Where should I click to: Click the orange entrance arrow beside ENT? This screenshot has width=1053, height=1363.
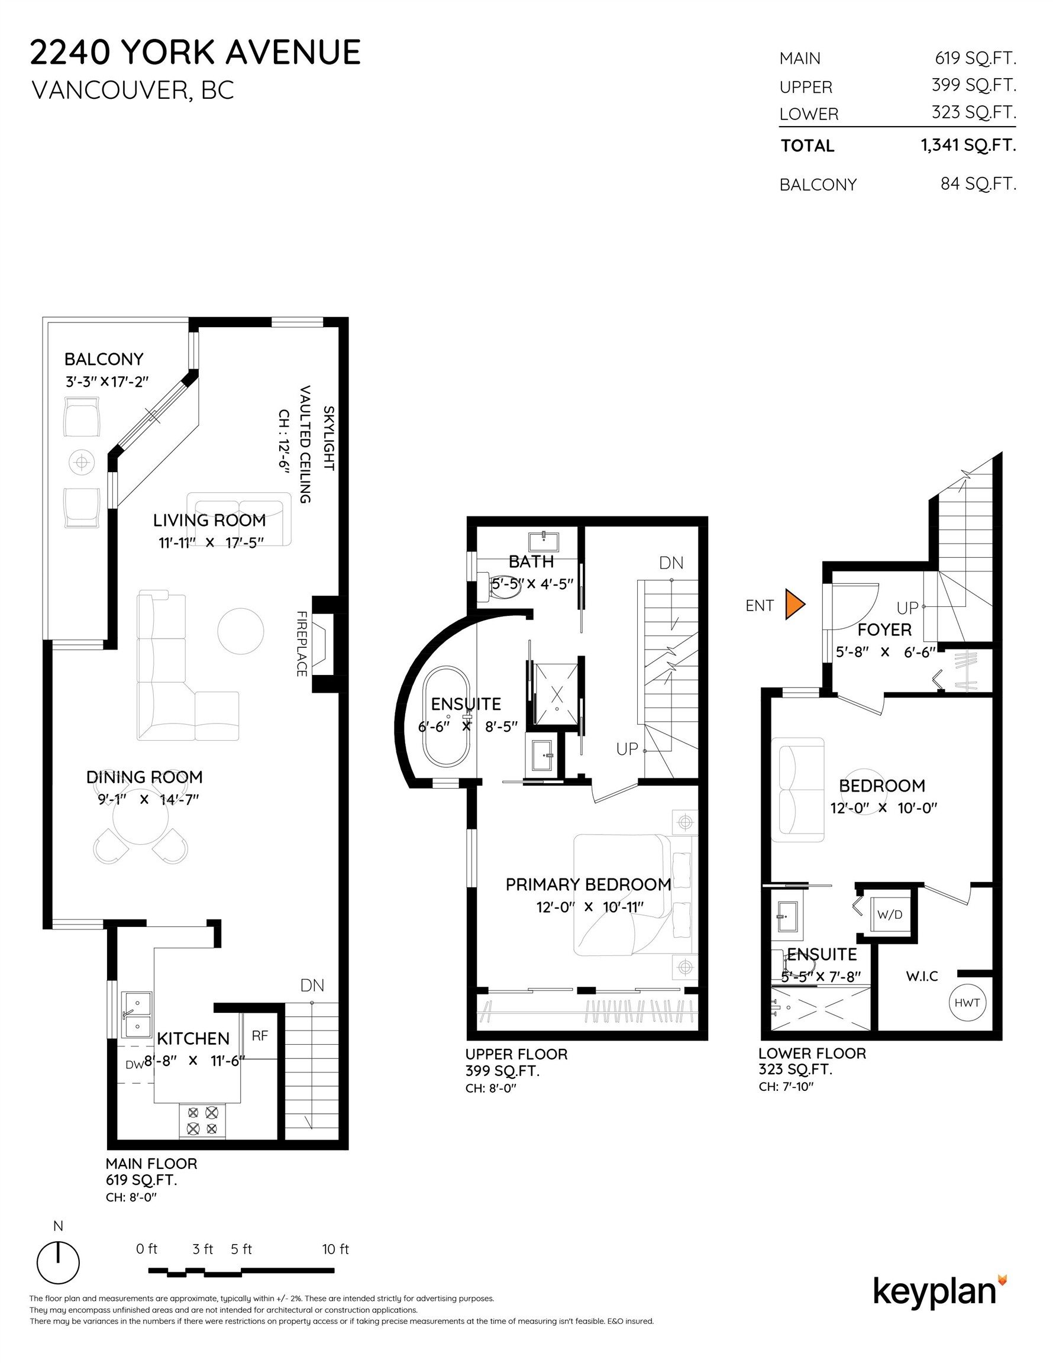click(794, 604)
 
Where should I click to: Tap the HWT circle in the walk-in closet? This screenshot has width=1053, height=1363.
click(967, 1002)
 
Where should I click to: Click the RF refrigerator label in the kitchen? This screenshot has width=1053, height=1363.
click(260, 1036)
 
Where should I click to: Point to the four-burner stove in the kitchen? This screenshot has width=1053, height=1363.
click(202, 1120)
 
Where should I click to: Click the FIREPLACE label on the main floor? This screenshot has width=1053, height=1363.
click(302, 644)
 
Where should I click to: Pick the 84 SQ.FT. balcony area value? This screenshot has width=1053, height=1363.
click(978, 183)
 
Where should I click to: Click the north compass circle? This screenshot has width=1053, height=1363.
click(58, 1262)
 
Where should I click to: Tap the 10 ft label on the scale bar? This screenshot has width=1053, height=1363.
click(335, 1249)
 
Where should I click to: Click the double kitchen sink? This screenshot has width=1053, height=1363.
click(136, 1014)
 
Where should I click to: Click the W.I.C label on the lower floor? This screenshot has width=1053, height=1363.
click(922, 976)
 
